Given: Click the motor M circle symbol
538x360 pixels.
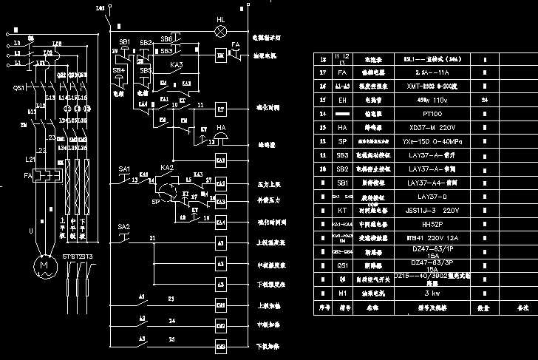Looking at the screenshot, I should tap(46, 265).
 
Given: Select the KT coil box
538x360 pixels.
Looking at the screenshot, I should tap(220, 109).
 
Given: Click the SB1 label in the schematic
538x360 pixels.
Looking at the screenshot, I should tap(124, 41).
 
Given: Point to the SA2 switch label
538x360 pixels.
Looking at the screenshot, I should tap(124, 226).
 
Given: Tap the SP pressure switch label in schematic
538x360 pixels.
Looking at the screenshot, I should tap(156, 200).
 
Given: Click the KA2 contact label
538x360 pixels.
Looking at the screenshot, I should tap(167, 168).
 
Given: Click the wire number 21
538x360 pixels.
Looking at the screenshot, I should tap(152, 237).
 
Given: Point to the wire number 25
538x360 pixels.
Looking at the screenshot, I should tap(171, 339).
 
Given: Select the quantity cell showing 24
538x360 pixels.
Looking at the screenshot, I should tap(485, 100).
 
